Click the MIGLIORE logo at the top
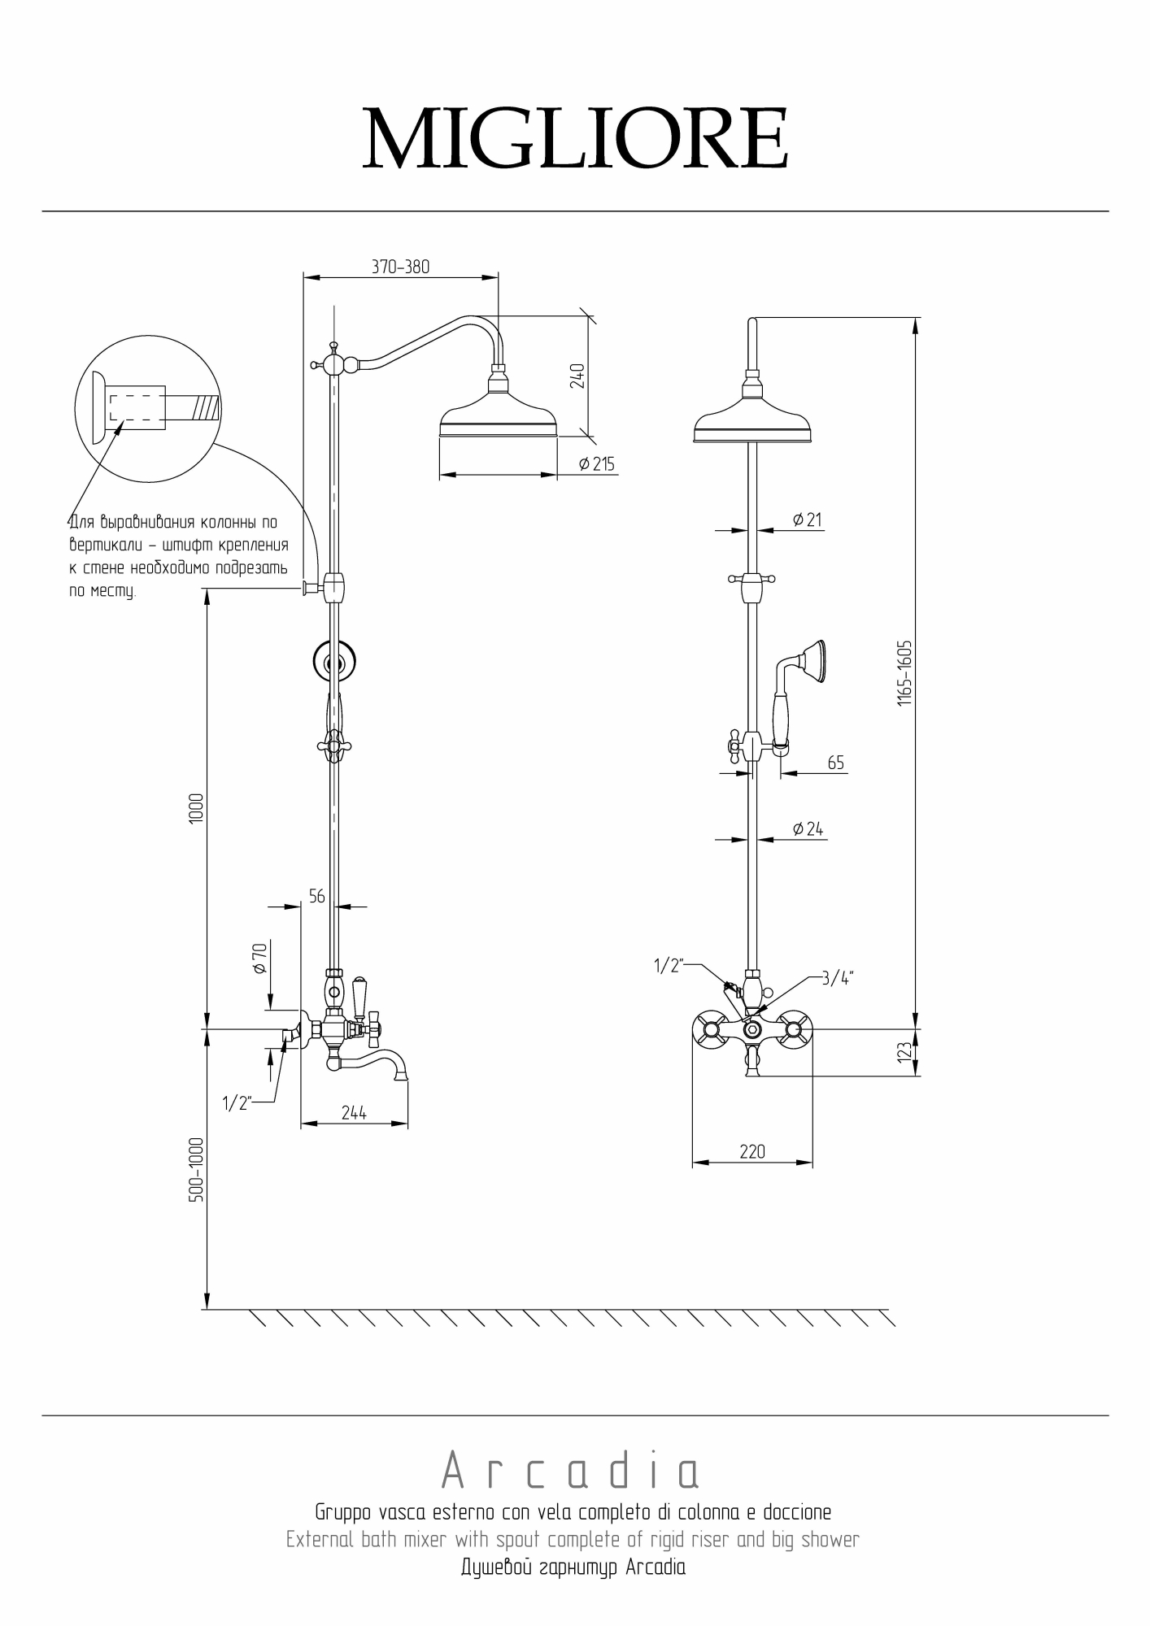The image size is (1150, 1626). tap(575, 138)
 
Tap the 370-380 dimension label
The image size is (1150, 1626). tap(400, 267)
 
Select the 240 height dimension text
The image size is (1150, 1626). tap(577, 376)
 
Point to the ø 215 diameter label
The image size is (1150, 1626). tap(597, 464)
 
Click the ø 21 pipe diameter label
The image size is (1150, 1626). tap(807, 519)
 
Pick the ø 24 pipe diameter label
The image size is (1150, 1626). tap(808, 828)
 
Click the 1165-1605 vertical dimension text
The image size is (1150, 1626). tap(905, 673)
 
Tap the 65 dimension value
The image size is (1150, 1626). tap(836, 763)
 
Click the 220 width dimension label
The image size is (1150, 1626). tap(752, 1151)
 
